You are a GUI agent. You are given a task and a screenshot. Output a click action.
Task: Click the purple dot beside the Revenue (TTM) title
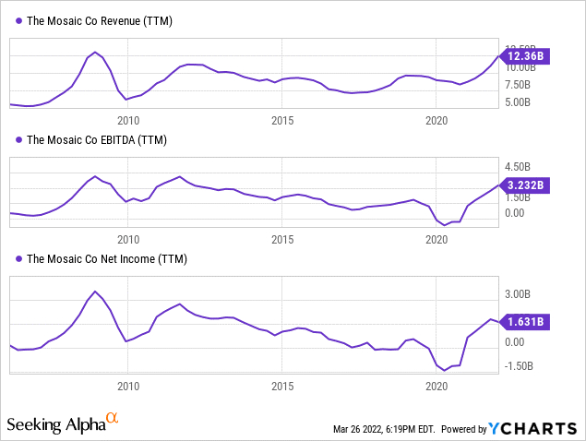pos(18,20)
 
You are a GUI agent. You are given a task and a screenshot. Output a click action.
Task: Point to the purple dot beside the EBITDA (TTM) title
pos(18,140)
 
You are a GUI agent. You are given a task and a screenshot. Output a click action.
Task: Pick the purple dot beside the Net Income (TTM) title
pos(18,259)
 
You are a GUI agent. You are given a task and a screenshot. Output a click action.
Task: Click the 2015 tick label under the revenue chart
pos(282,120)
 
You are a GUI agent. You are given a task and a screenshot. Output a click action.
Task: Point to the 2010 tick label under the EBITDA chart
pos(127,239)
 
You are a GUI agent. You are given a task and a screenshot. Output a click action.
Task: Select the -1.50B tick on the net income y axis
pos(518,365)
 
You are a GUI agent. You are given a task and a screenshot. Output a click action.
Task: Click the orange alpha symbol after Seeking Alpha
pos(113,420)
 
